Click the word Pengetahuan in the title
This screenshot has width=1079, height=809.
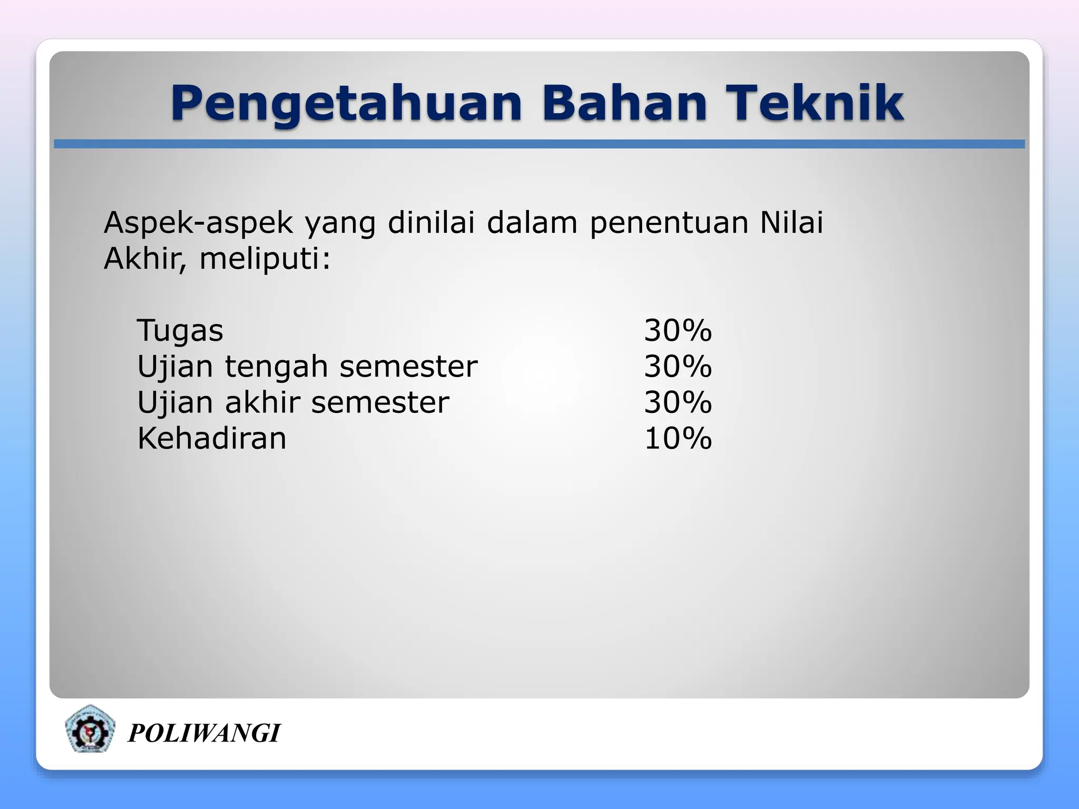coord(346,104)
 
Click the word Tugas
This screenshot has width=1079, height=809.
coord(180,331)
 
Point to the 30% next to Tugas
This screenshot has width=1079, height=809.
coord(678,331)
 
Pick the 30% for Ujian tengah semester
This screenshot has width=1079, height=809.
coord(678,367)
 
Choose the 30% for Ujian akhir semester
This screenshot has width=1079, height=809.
coord(678,402)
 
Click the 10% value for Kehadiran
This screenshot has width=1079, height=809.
coord(678,438)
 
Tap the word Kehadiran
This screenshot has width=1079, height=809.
coord(212,438)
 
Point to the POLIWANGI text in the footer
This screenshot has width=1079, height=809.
coord(204,733)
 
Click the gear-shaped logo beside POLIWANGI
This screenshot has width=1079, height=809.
coord(90,730)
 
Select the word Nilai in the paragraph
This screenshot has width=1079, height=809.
coord(791,222)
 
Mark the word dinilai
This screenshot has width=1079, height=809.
coord(431,222)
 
